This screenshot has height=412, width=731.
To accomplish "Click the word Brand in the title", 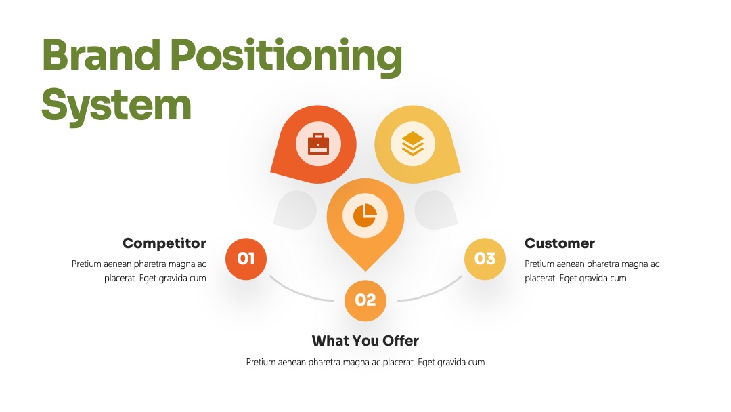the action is [x=101, y=55].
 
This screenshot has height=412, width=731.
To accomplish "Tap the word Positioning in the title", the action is [x=286, y=57].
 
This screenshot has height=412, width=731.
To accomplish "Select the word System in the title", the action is [x=116, y=106].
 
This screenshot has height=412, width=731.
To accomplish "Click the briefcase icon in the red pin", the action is [x=318, y=144].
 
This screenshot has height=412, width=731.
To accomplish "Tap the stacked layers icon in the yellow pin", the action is [x=413, y=144].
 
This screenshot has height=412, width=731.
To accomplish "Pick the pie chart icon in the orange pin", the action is [x=365, y=215].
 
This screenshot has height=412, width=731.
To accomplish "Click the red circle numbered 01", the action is [x=246, y=259].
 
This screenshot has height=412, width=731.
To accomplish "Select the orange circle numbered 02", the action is [x=365, y=300].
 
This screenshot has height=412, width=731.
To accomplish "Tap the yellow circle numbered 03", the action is [x=485, y=259].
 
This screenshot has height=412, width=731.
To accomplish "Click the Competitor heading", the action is [x=164, y=243].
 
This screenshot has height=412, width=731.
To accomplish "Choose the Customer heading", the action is [x=560, y=243].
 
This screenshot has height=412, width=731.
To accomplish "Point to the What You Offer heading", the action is [x=365, y=341].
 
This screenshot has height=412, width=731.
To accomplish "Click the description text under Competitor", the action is [x=139, y=271].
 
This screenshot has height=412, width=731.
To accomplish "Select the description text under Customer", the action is [x=592, y=271].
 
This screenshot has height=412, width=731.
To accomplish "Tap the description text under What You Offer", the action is [x=365, y=362].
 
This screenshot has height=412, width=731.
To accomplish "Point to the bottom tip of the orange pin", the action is [x=365, y=271].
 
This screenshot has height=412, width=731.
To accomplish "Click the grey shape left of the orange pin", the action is [x=296, y=211].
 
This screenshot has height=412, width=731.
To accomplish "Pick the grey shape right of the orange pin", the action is [x=435, y=211].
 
